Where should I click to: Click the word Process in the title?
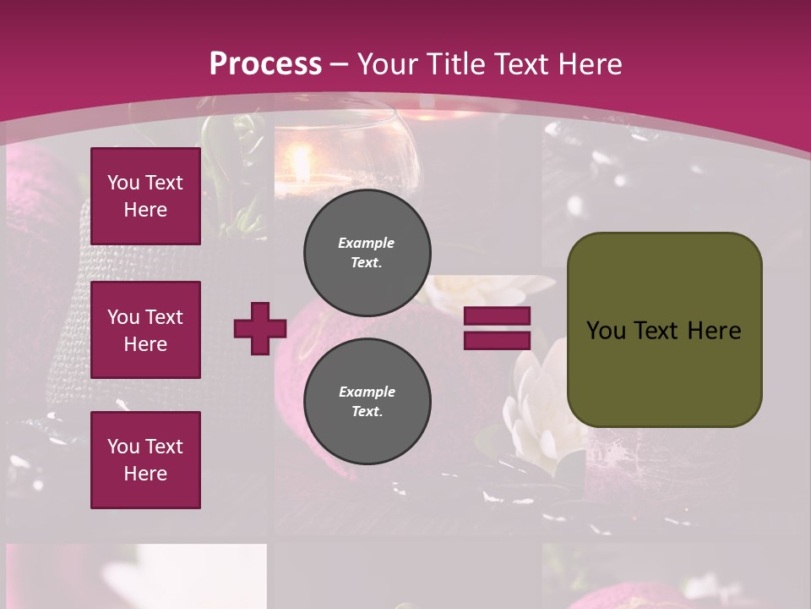click(x=265, y=63)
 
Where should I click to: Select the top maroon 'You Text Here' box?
click(x=145, y=196)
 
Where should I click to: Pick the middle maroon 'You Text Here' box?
click(x=145, y=330)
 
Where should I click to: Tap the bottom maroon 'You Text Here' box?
click(x=145, y=460)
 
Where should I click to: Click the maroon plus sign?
click(x=260, y=328)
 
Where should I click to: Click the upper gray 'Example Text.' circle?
click(x=367, y=252)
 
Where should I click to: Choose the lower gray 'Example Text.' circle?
click(x=367, y=401)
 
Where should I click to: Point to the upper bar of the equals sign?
click(x=497, y=316)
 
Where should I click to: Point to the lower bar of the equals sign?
click(x=497, y=340)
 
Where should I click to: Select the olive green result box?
click(x=664, y=330)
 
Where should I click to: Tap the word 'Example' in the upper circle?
click(x=367, y=243)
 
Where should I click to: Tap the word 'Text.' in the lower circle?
click(x=367, y=412)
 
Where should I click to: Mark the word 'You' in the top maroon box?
click(x=122, y=183)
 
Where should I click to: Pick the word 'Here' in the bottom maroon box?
click(x=145, y=474)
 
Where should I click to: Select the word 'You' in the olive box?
click(x=606, y=331)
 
